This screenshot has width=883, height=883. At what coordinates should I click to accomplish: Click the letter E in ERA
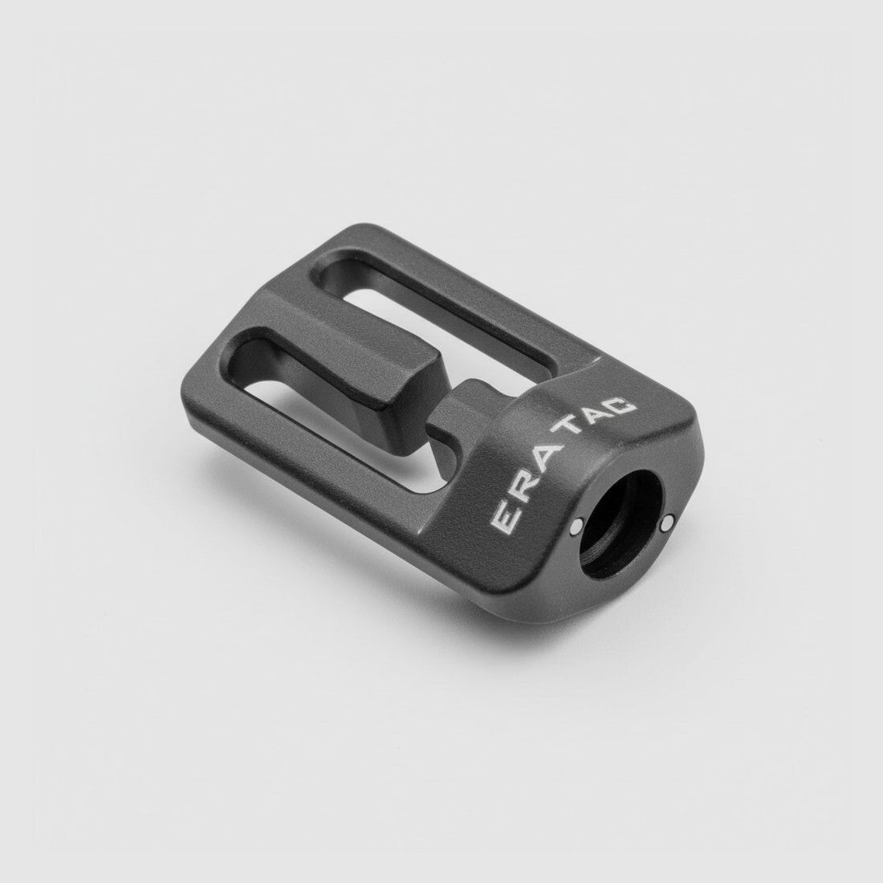tap(505, 515)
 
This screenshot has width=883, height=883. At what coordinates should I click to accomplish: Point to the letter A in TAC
tap(599, 415)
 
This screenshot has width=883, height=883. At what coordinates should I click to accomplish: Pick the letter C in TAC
tap(621, 407)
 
